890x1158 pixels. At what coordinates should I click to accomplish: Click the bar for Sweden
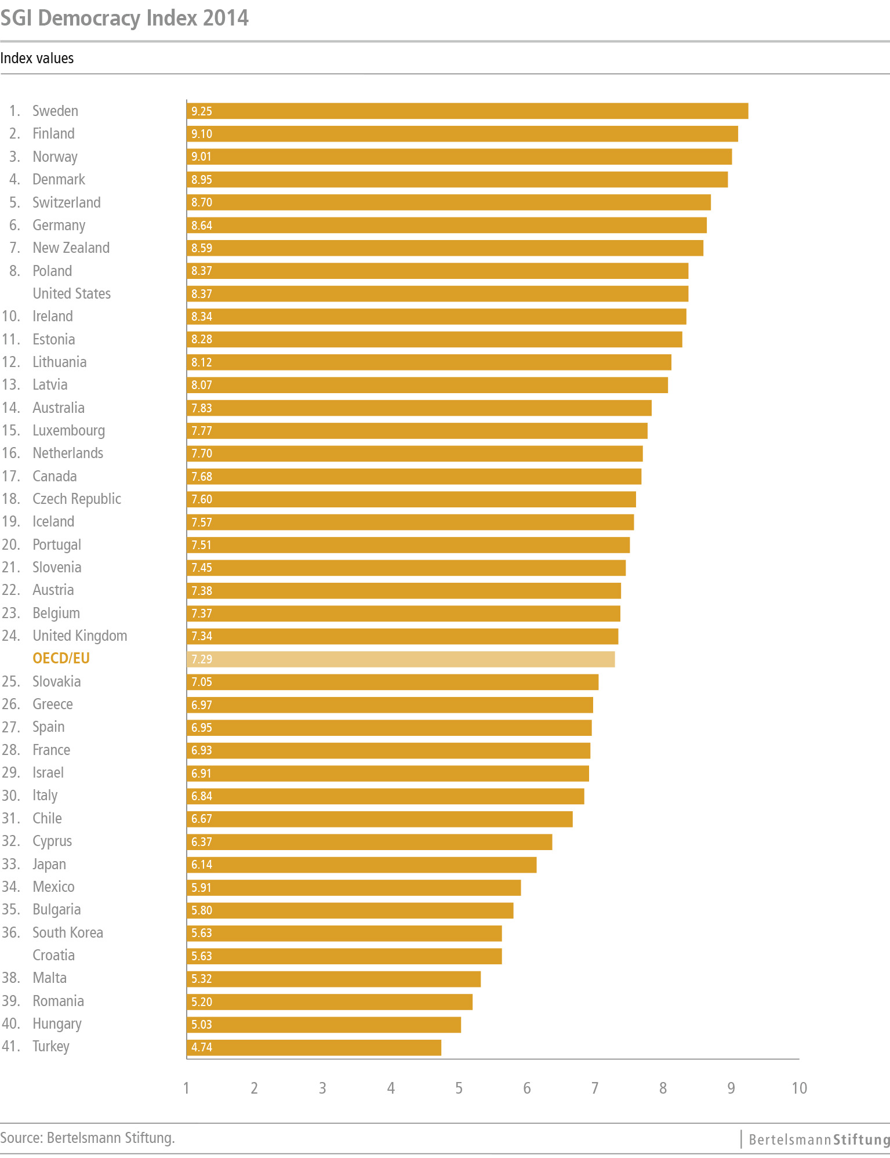(x=467, y=111)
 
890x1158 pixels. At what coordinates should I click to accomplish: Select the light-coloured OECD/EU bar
(x=401, y=659)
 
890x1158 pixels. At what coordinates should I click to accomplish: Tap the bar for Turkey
(x=314, y=1047)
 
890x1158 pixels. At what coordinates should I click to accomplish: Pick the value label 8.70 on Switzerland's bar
(x=202, y=202)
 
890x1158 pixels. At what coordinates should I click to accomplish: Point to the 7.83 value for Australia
(x=202, y=408)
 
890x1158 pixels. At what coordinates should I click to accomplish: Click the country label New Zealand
(x=71, y=248)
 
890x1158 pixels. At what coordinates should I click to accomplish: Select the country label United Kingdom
(x=79, y=636)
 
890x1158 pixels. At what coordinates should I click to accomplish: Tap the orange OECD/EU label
(x=61, y=659)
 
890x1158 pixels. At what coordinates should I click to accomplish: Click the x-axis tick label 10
(x=799, y=1088)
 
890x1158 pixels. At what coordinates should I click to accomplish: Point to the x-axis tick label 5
(x=459, y=1088)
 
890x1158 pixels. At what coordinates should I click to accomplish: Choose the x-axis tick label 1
(x=186, y=1088)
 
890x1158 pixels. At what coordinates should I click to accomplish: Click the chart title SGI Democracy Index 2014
(x=125, y=18)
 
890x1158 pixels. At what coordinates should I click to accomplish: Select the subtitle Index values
(x=37, y=59)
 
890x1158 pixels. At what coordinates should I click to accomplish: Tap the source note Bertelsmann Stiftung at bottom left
(x=88, y=1138)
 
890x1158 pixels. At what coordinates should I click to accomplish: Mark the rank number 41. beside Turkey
(x=11, y=1047)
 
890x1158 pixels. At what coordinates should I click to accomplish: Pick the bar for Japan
(x=361, y=865)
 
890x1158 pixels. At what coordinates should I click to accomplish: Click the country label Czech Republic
(x=77, y=499)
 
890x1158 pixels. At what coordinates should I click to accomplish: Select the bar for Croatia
(x=344, y=956)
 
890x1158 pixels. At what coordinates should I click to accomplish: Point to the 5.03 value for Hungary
(x=202, y=1025)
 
